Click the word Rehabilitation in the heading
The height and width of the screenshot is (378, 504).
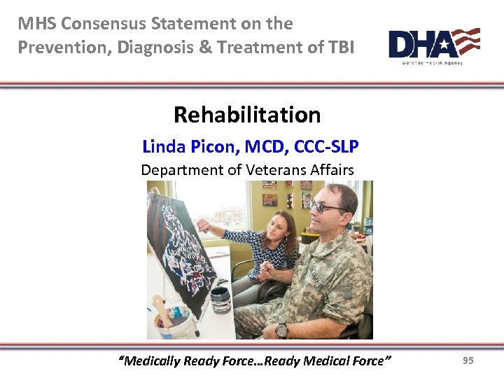point(247,114)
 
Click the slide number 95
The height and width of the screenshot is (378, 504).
point(468,360)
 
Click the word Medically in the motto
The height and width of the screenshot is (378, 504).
point(150,360)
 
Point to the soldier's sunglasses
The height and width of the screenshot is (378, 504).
point(327,207)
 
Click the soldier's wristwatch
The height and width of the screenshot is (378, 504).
point(282,330)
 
